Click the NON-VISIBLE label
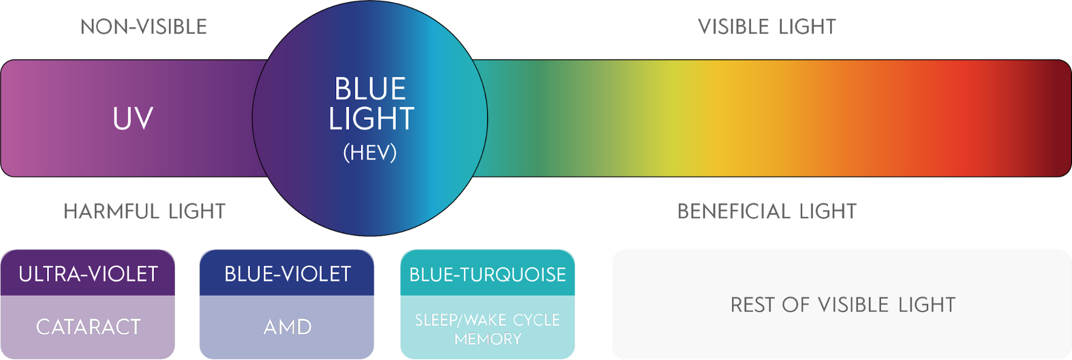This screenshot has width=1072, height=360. tap(144, 27)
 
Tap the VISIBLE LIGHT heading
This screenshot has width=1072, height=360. tap(767, 27)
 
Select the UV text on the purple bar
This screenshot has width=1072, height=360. tap(133, 119)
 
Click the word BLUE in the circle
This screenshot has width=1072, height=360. tap(370, 89)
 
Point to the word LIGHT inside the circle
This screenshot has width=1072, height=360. tap(371, 119)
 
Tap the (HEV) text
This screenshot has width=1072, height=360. tap(370, 153)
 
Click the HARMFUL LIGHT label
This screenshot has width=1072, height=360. tap(144, 211)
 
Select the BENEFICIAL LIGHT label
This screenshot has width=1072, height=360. tap(767, 211)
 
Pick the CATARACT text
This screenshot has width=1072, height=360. tap(88, 327)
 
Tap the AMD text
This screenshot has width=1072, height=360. tap(287, 327)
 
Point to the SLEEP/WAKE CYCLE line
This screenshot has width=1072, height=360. tap(487, 320)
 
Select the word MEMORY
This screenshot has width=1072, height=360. tap(487, 339)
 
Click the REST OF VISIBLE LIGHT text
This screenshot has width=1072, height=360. tap(843, 305)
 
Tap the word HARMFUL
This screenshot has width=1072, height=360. tap(112, 211)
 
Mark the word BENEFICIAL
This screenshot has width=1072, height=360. tap(734, 211)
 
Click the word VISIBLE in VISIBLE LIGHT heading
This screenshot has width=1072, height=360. tap(734, 27)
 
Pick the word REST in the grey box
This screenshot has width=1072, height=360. tap(753, 305)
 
